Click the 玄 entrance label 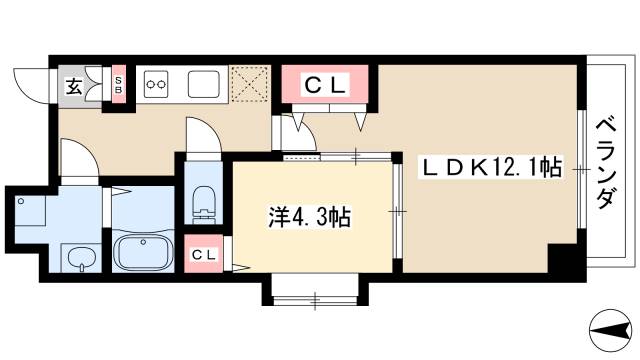[x=74, y=86]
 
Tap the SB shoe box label [x=118, y=86]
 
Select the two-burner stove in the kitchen [x=157, y=85]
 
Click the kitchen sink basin [x=204, y=83]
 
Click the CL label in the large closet [x=325, y=86]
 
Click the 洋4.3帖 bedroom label [x=309, y=217]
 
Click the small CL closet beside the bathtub [x=204, y=256]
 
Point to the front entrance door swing [x=32, y=81]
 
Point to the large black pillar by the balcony [x=565, y=261]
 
